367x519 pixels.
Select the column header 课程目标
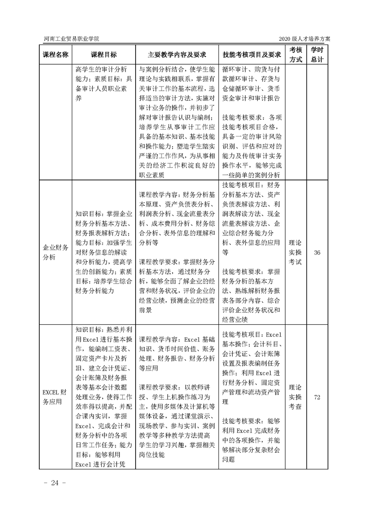(104, 54)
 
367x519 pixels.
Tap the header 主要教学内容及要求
(176, 54)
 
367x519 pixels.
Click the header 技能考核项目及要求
(252, 54)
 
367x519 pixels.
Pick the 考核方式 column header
(296, 54)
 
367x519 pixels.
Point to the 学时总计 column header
(317, 54)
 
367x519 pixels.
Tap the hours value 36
(317, 252)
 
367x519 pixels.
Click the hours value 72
(317, 397)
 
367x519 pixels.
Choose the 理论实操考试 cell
(296, 252)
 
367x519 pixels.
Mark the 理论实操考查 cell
(296, 397)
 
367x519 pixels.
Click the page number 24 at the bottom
(56, 483)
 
